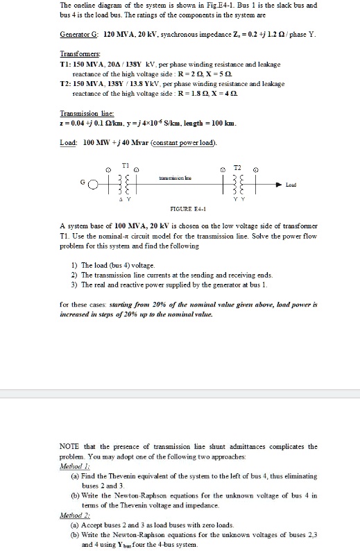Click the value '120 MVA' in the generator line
109,33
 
